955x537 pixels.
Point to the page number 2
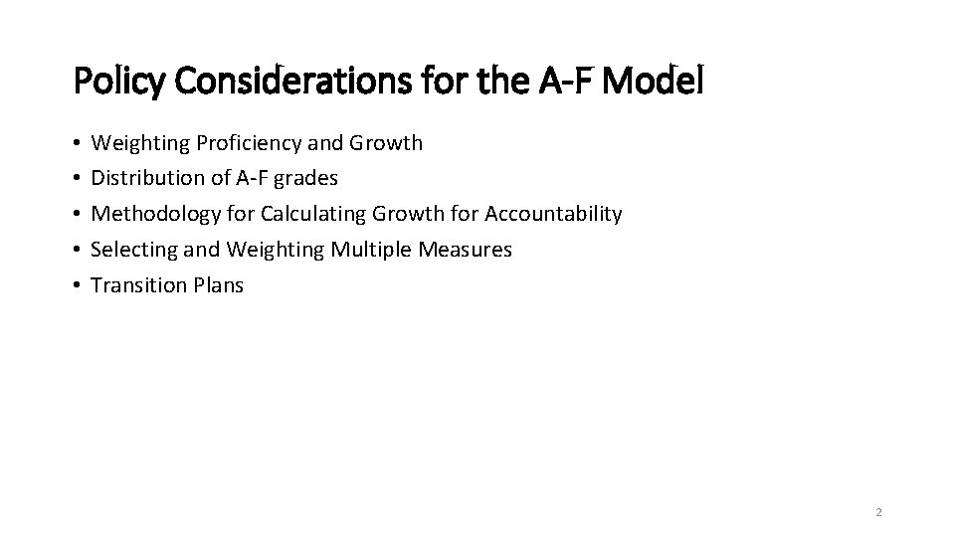point(878,512)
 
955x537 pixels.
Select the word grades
point(306,179)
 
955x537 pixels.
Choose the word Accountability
point(553,214)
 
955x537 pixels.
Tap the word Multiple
point(371,250)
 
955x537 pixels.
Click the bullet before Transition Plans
point(78,286)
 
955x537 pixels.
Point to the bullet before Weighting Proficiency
point(78,144)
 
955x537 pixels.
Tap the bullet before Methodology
point(78,215)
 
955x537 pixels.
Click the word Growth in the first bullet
point(385,143)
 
